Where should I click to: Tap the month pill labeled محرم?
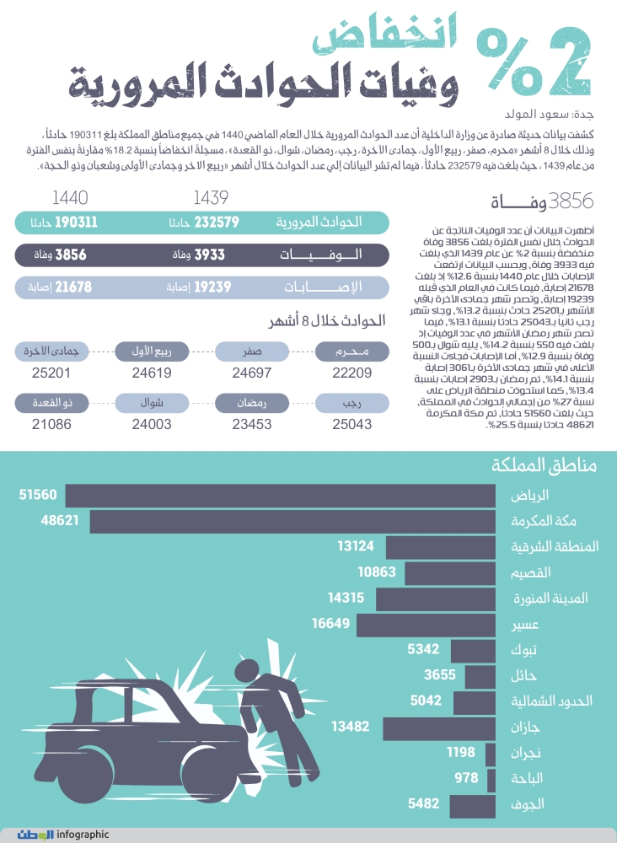tap(341, 352)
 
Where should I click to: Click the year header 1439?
tap(211, 199)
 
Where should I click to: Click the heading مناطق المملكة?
tap(543, 467)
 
